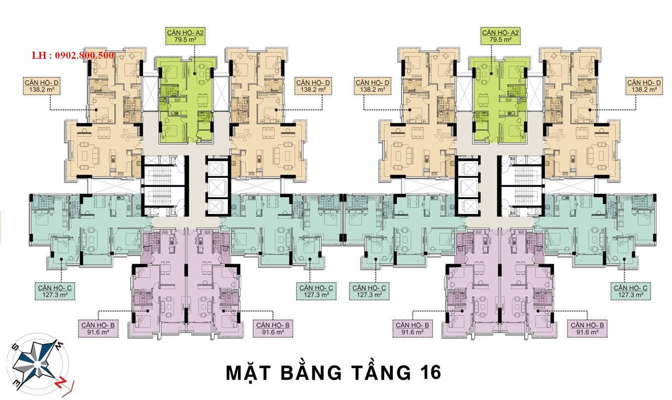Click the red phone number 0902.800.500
[84, 55]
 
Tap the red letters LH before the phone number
[38, 55]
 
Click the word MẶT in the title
[249, 373]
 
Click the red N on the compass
[61, 384]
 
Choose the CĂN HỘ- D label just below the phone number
[42, 83]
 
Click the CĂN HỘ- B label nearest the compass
[98, 325]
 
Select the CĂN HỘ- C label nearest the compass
[55, 288]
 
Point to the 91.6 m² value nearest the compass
[98, 332]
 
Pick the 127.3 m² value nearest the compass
[55, 295]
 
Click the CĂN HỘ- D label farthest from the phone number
[644, 83]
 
